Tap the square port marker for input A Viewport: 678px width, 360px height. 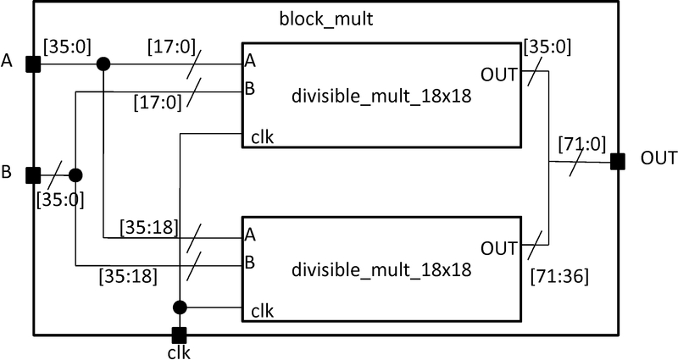[33, 64]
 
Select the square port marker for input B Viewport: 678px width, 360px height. [33, 175]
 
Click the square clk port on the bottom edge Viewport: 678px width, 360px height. [179, 334]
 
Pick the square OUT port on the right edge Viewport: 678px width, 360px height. [618, 161]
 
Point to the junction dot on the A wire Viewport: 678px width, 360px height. [103, 64]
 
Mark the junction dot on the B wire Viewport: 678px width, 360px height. [75, 175]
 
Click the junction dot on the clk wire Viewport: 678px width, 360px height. [179, 307]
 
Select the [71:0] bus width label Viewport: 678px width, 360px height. [581, 144]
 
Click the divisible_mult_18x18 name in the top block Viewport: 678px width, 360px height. [381, 98]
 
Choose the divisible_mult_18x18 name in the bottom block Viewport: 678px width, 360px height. [381, 271]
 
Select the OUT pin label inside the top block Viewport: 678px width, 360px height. [498, 75]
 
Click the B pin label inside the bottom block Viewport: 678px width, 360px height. [250, 261]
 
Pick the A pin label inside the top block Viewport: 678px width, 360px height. [250, 60]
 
